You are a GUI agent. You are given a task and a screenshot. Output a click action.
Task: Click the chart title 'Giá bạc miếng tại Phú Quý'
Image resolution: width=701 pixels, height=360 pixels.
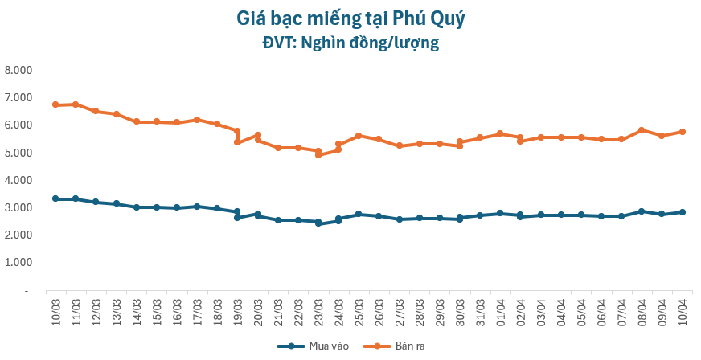coord(350,18)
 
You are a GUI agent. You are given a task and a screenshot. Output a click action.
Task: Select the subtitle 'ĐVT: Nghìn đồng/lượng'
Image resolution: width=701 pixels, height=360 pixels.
coord(350,43)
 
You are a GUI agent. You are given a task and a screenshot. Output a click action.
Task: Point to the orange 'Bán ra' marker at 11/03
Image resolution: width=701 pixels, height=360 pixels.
coord(76,104)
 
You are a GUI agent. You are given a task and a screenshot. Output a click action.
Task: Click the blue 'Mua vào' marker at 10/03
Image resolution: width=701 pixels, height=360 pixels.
coord(55,198)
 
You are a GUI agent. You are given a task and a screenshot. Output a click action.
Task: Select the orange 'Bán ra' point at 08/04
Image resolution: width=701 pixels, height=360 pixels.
coord(642,130)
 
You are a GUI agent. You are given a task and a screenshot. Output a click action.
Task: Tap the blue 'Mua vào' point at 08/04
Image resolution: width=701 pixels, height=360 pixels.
coord(642,211)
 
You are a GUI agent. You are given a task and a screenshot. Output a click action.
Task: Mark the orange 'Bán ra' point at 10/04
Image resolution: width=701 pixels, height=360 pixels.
coord(682,132)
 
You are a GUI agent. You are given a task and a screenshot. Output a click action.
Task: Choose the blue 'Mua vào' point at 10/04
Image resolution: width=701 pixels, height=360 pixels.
coord(682,212)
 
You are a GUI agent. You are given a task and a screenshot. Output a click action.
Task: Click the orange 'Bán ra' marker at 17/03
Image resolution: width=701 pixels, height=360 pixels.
coord(197,120)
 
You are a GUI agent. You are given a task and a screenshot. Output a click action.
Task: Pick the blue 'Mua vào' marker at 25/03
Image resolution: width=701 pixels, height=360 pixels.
coord(359,214)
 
